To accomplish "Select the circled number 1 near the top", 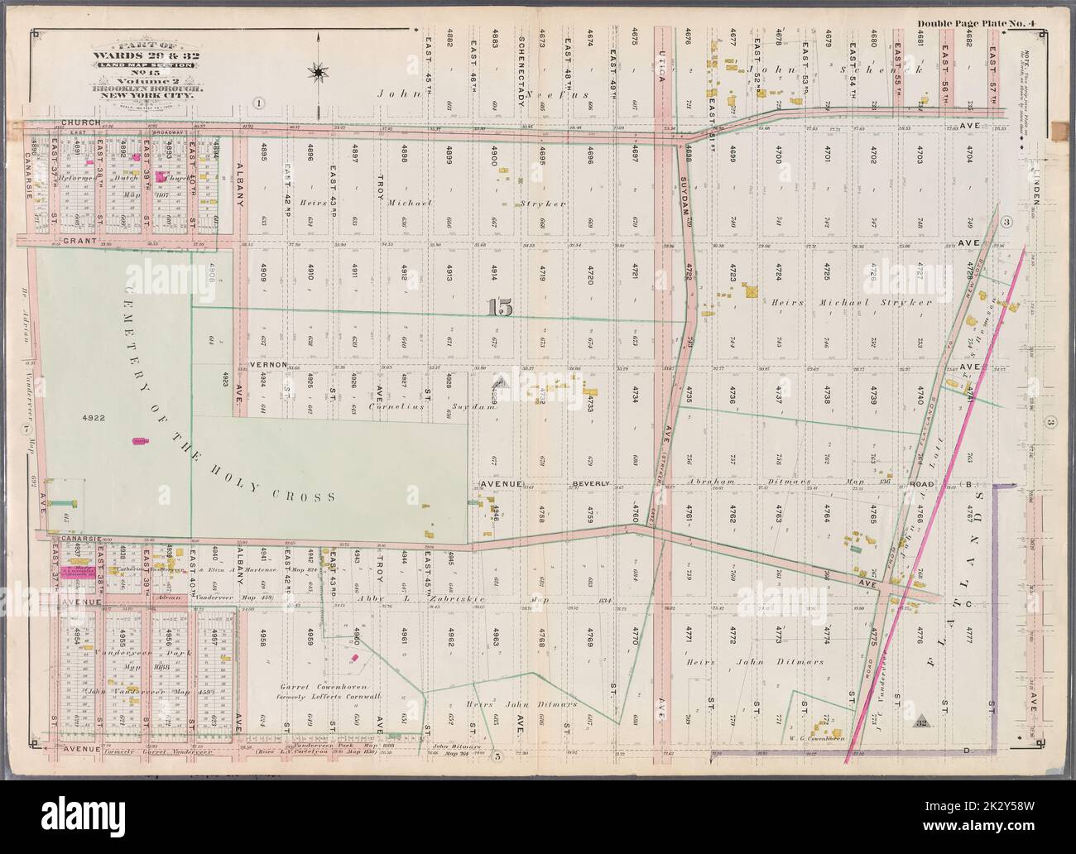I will coord(259,103).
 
